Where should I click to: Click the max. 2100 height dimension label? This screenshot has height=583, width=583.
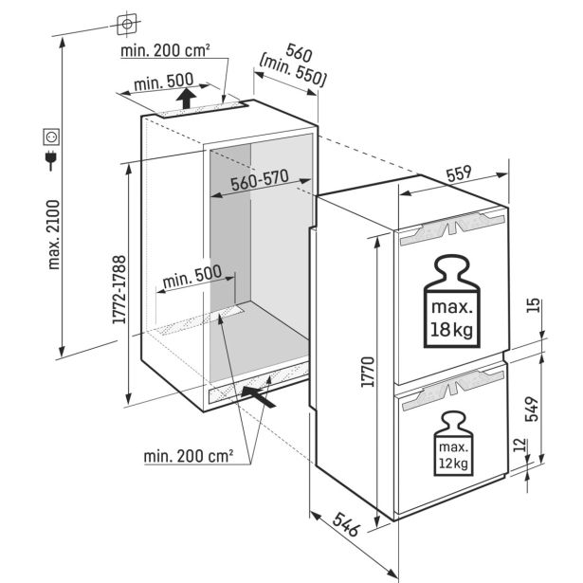pyautogui.click(x=54, y=234)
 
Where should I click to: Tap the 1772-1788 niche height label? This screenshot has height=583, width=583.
pyautogui.click(x=119, y=289)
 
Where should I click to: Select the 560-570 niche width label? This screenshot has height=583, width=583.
pyautogui.click(x=260, y=179)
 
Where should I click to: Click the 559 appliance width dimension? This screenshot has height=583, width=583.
pyautogui.click(x=459, y=173)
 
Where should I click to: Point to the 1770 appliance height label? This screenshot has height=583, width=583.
pyautogui.click(x=368, y=372)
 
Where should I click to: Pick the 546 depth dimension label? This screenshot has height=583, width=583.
pyautogui.click(x=347, y=524)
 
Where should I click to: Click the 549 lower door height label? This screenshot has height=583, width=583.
pyautogui.click(x=532, y=409)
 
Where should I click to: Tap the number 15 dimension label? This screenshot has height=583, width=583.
pyautogui.click(x=533, y=305)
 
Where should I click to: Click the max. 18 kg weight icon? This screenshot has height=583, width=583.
pyautogui.click(x=452, y=301)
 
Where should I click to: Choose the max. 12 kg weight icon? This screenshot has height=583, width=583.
pyautogui.click(x=454, y=444)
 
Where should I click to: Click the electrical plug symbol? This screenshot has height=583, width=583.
pyautogui.click(x=50, y=160)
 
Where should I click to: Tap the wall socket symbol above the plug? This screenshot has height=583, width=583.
pyautogui.click(x=51, y=137)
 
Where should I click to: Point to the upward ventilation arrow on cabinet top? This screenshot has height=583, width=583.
pyautogui.click(x=186, y=99)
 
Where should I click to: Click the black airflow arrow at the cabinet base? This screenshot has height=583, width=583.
pyautogui.click(x=259, y=396)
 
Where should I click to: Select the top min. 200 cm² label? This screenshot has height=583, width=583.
pyautogui.click(x=166, y=50)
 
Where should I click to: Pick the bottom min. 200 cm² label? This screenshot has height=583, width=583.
pyautogui.click(x=189, y=456)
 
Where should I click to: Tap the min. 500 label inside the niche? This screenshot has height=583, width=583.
pyautogui.click(x=192, y=277)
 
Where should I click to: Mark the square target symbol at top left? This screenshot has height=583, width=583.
pyautogui.click(x=127, y=25)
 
